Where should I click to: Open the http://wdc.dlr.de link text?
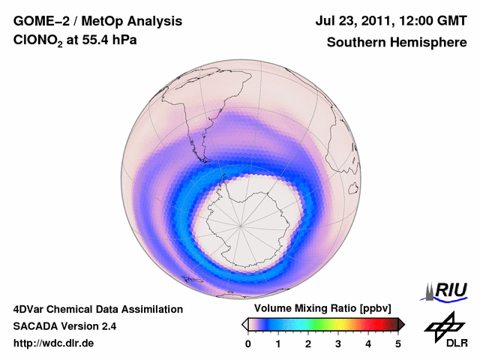(x=54, y=344)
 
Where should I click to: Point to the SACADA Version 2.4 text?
(x=64, y=326)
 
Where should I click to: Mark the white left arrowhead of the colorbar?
(x=245, y=324)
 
